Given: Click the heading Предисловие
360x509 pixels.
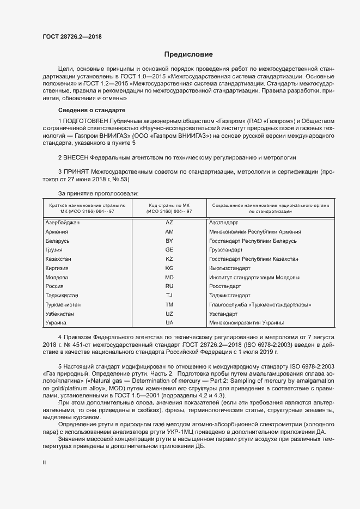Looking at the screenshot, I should (188, 54).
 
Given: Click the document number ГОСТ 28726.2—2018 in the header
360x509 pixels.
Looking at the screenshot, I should (72, 37).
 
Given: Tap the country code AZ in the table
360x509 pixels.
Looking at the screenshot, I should (169, 223).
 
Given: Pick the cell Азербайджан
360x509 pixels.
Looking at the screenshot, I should (63, 223).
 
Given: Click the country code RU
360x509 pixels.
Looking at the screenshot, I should (169, 286).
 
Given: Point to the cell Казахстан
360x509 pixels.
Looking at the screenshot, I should (58, 259).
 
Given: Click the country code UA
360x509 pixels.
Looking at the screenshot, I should (169, 323).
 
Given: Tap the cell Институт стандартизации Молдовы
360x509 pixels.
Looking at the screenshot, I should (254, 277).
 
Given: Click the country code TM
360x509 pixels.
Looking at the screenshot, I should (169, 305).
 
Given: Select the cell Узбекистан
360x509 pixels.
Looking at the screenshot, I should (60, 314).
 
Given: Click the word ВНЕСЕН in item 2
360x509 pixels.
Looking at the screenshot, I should (76, 157).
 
